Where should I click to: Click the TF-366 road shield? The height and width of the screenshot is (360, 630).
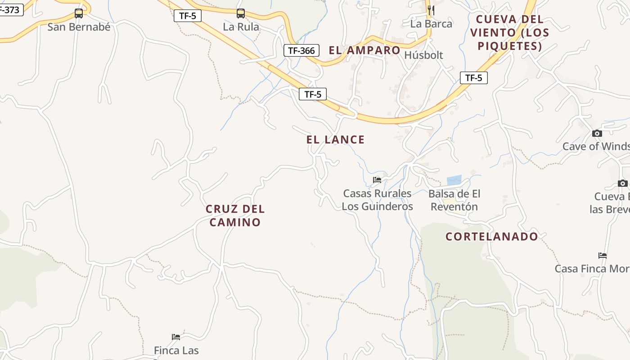[301, 50]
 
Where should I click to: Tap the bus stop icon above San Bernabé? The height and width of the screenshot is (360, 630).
[79, 13]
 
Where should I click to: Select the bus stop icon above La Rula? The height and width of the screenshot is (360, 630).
[241, 13]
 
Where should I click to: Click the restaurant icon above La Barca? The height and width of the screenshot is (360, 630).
[431, 10]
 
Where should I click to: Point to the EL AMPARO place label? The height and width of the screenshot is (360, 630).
[364, 50]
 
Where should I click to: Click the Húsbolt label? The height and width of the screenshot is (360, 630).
[423, 55]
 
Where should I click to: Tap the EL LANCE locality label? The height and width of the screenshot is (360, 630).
[335, 139]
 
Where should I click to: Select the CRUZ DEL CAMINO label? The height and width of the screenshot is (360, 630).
[235, 216]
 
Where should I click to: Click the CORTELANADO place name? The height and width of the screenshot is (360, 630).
[492, 237]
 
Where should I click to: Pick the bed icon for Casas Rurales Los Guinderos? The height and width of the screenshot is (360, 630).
[377, 180]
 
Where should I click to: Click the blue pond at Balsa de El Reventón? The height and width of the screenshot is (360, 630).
[454, 180]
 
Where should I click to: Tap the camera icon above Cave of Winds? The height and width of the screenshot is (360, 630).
[597, 133]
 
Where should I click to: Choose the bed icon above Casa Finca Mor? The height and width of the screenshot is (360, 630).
[603, 256]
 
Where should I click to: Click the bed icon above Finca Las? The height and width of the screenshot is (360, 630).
[176, 337]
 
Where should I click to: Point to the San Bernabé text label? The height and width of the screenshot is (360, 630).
[79, 27]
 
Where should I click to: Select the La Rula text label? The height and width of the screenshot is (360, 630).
[241, 27]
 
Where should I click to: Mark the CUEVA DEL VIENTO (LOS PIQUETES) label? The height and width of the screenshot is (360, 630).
[509, 32]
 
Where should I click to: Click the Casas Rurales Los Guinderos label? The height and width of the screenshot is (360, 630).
[377, 200]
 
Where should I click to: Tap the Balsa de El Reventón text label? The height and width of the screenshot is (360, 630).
[454, 200]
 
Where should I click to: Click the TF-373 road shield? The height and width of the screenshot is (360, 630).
[10, 9]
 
